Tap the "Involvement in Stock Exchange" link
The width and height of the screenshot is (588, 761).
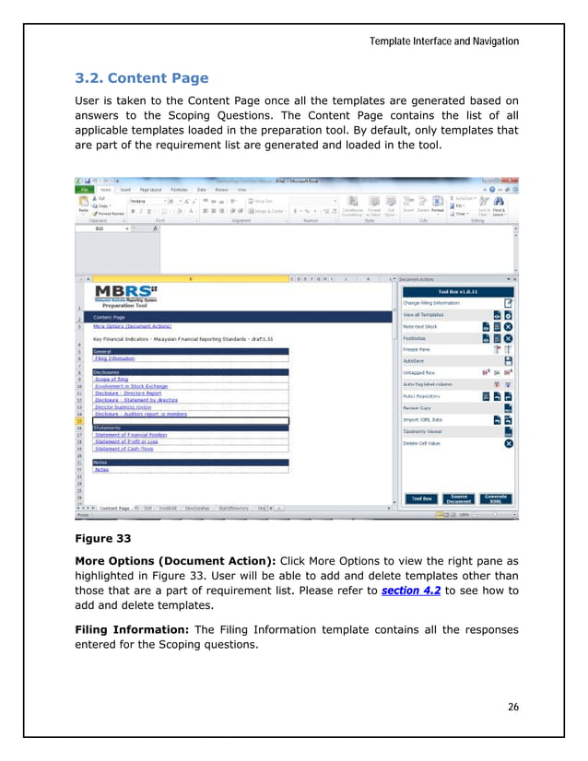[x=133, y=386]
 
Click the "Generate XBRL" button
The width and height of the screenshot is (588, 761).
[x=496, y=498]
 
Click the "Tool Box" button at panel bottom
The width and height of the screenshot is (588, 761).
[x=422, y=498]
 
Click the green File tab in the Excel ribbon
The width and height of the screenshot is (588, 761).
[x=82, y=188]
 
